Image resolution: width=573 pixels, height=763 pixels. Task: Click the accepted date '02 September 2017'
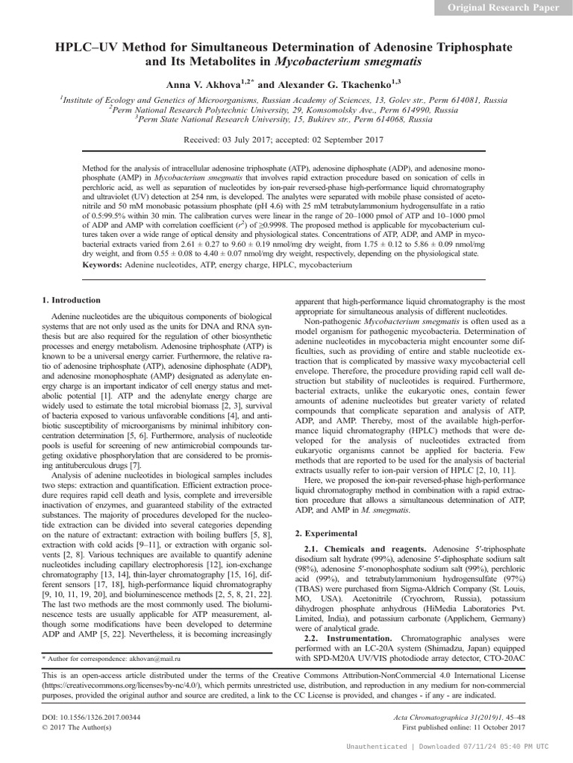pos(348,139)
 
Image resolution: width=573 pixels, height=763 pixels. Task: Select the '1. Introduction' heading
pos(71,300)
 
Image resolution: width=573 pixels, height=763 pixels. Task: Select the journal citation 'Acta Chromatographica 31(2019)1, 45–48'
pos(463,716)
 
